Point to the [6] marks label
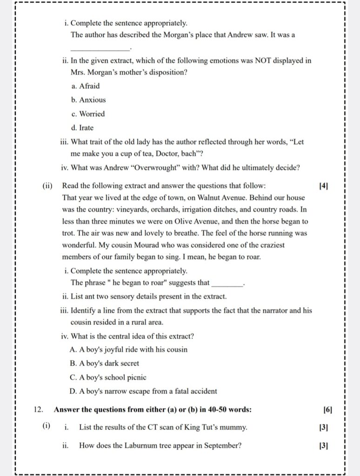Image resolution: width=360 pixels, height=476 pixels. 327,410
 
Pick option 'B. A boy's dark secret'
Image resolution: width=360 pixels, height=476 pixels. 105,363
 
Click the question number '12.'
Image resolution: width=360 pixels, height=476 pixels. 39,410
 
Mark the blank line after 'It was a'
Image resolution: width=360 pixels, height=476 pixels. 100,48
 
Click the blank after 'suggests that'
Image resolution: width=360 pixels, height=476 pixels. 227,283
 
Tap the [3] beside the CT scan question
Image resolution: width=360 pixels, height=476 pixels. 324,427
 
